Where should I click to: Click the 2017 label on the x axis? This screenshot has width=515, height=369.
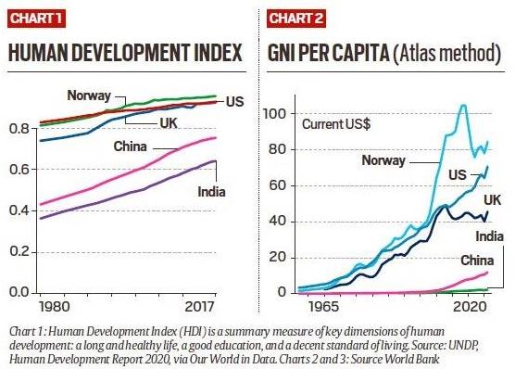pyautogui.click(x=198, y=308)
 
